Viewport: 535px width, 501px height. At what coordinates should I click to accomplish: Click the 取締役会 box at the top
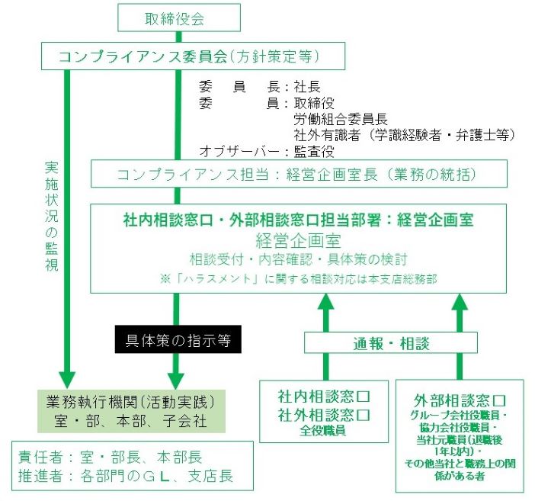pos(175,18)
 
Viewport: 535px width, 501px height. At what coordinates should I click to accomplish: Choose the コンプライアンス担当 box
pos(296,174)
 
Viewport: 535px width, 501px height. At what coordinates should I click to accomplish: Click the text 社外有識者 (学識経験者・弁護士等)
pos(404,135)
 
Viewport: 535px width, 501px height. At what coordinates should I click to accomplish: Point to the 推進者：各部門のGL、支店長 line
pos(125,477)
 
